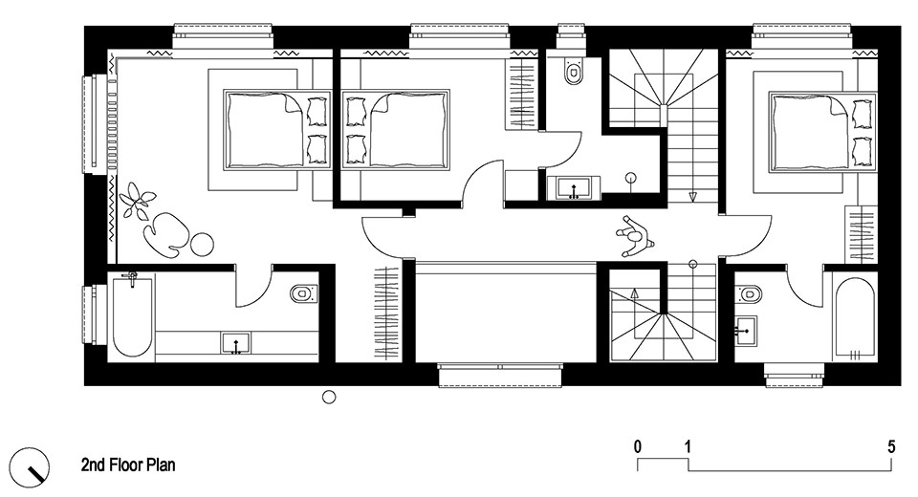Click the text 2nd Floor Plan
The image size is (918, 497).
click(128, 465)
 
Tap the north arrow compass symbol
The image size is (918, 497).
click(31, 466)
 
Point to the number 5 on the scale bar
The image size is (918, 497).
click(891, 446)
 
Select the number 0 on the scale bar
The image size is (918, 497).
click(637, 446)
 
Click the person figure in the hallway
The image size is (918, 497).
click(633, 236)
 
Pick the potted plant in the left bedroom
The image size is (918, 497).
click(137, 200)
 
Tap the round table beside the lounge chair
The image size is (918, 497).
click(202, 244)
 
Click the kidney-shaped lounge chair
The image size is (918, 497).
click(165, 233)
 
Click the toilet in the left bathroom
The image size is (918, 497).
click(304, 292)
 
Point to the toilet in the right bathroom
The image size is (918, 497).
click(749, 293)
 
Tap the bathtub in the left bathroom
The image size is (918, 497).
click(132, 316)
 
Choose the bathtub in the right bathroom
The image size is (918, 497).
click(855, 318)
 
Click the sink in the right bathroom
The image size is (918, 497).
click(746, 331)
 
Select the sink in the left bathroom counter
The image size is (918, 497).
click(236, 343)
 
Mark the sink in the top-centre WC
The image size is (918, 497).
click(574, 188)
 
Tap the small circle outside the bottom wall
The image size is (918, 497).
click(329, 398)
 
